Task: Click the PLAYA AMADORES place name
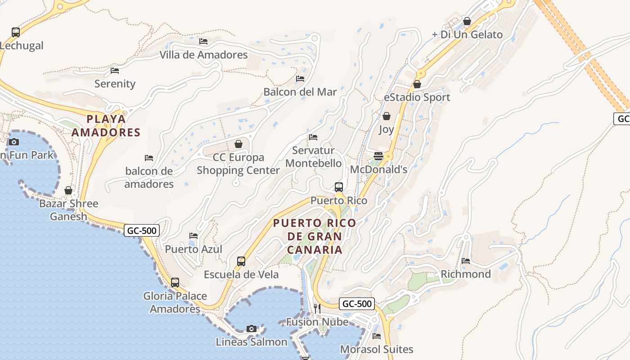(106, 126)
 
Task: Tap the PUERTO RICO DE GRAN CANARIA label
(315, 236)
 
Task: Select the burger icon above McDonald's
(378, 156)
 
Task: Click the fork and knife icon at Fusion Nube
(317, 308)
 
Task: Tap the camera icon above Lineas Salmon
(252, 328)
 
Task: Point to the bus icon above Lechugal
(16, 32)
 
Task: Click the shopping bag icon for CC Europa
(238, 144)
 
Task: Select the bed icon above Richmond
(466, 261)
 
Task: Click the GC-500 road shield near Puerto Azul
(142, 231)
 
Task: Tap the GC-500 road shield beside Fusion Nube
(357, 304)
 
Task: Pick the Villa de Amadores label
(203, 55)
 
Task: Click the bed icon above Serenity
(115, 70)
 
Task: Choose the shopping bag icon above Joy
(386, 116)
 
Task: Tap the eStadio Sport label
(417, 97)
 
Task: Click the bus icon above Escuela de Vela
(241, 261)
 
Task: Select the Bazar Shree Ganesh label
(68, 210)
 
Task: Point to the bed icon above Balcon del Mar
(300, 79)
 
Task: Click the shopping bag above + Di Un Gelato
(467, 21)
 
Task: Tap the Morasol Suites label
(377, 349)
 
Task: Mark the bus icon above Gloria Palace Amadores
(175, 283)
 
